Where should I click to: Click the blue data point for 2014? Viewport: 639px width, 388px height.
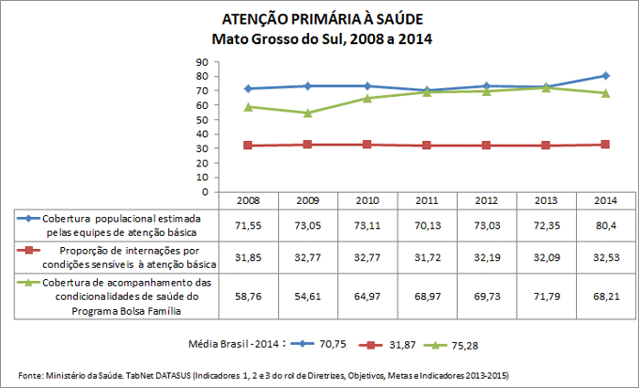606,75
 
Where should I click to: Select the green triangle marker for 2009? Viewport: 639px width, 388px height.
309,113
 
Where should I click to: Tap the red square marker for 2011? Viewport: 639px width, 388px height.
428,145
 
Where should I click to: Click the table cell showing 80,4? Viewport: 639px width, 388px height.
606,226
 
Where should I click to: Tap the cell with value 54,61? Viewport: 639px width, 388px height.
308,295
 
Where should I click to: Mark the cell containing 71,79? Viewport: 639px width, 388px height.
546,295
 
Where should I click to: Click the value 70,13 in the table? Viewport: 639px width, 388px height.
427,226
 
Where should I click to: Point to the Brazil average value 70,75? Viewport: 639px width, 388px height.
332,344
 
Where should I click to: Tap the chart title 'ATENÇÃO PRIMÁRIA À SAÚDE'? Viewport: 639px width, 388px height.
319,19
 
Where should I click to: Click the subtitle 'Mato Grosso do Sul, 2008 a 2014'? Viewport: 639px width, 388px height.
319,39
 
